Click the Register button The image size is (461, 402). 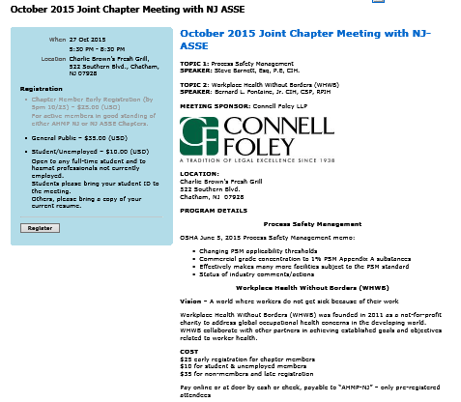tap(40, 228)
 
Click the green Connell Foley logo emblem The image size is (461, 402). tap(199, 135)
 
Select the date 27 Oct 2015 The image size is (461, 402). tap(87, 40)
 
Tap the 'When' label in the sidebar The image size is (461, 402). tap(57, 40)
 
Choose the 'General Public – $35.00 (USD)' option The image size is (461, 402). tap(79, 138)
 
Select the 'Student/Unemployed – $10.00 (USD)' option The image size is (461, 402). tap(86, 152)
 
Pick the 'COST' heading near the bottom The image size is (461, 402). tap(188, 351)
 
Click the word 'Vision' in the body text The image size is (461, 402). tap(191, 301)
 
